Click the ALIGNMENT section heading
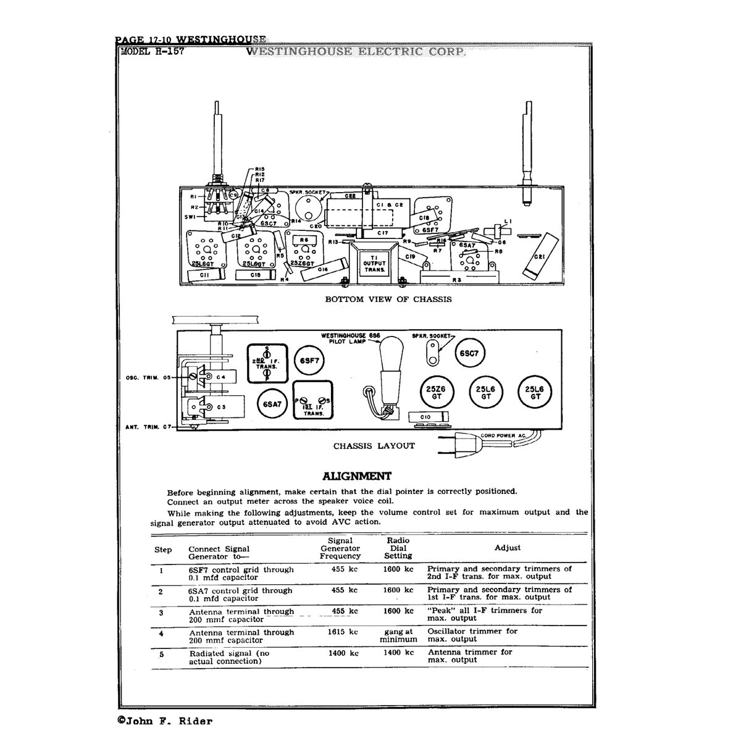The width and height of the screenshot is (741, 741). pyautogui.click(x=357, y=476)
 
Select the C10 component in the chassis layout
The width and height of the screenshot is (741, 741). pyautogui.click(x=425, y=417)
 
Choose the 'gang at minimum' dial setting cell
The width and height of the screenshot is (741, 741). pyautogui.click(x=398, y=635)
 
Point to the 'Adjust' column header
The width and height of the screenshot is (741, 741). pyautogui.click(x=508, y=548)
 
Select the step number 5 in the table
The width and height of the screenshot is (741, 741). pyautogui.click(x=161, y=653)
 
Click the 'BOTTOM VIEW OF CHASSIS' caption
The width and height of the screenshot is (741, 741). pyautogui.click(x=388, y=299)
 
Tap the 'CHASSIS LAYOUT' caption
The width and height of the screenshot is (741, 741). pyautogui.click(x=374, y=445)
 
